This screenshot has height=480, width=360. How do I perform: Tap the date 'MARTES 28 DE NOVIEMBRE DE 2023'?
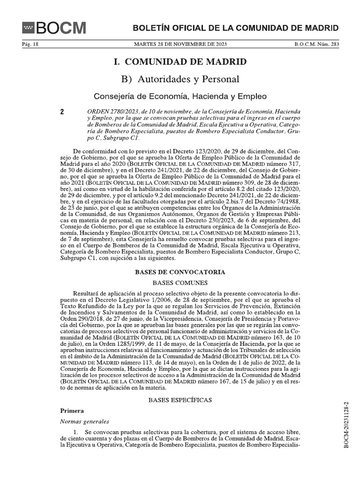click(x=180, y=44)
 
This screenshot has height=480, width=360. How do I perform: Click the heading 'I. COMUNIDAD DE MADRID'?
click(x=180, y=62)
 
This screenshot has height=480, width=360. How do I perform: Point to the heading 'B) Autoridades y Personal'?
click(x=180, y=79)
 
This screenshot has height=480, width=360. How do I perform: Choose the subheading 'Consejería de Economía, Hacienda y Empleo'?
click(x=180, y=97)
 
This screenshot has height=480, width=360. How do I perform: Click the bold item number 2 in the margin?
click(x=62, y=112)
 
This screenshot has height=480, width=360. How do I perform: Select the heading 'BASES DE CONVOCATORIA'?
click(x=180, y=272)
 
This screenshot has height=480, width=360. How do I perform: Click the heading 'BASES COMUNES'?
click(x=180, y=283)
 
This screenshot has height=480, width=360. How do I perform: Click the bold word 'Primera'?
click(x=72, y=410)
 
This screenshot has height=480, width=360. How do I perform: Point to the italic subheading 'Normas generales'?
click(x=84, y=421)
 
